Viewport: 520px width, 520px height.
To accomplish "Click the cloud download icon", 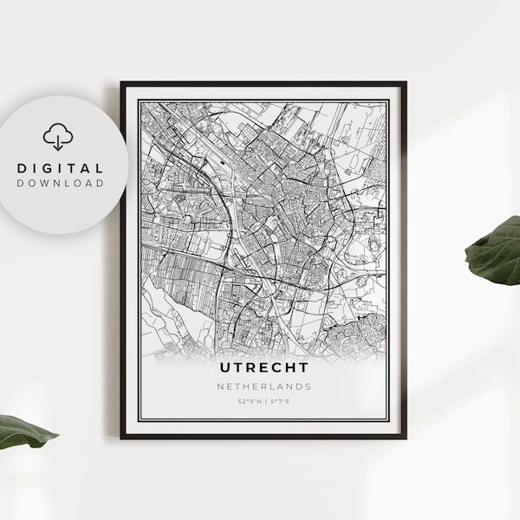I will pos(58,137).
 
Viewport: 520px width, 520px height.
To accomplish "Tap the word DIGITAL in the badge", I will pos(59,167).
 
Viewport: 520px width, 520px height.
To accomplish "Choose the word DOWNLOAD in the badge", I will pos(59,184).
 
